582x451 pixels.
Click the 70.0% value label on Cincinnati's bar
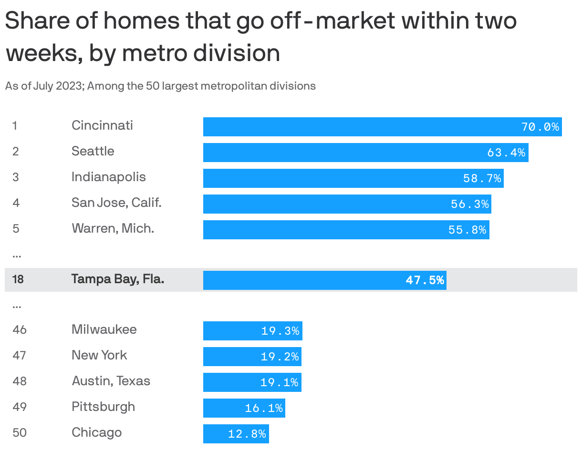pos(540,127)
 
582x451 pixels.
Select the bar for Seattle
pos(365,153)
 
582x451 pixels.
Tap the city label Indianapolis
pos(109,177)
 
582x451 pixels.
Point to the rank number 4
pos(16,203)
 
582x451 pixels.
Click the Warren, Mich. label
pos(113,229)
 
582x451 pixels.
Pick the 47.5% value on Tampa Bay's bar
pos(425,280)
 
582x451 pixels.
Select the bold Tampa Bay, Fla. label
pos(118,279)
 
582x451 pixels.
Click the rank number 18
pos(18,279)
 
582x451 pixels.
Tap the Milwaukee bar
pos(252,331)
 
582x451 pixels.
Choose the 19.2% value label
pos(280,357)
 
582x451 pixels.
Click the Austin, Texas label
pos(111,381)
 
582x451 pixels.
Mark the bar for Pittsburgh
pos(244,408)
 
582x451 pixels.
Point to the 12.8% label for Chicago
pos(247,434)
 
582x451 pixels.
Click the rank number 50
pos(20,433)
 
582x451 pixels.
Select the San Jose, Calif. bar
pos(347,204)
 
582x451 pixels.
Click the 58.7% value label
pos(482,178)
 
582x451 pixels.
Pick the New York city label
pos(99,356)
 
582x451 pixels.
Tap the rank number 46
pos(20,330)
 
